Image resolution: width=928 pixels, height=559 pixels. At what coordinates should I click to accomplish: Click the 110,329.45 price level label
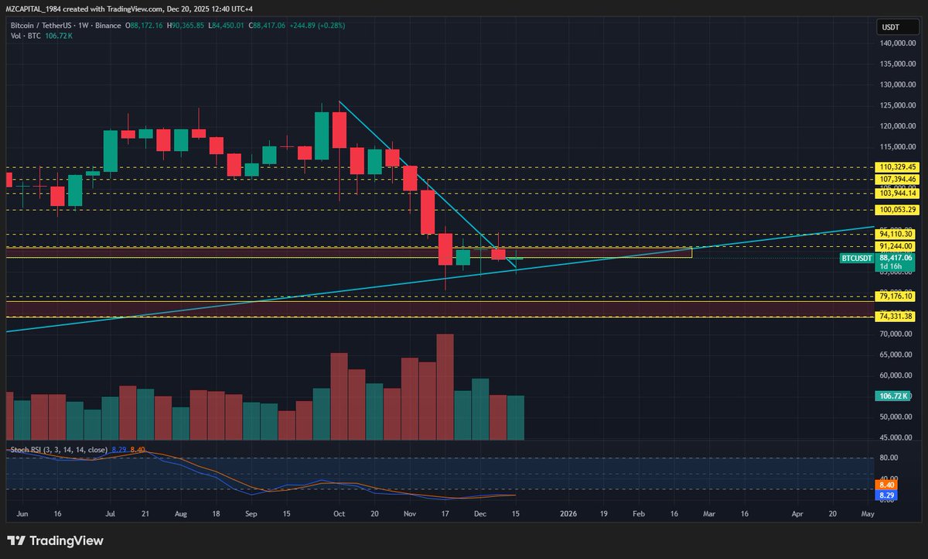[x=897, y=166]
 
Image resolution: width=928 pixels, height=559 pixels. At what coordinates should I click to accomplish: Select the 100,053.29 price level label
[x=897, y=210]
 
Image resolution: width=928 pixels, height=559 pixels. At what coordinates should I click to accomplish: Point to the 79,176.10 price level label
[x=897, y=297]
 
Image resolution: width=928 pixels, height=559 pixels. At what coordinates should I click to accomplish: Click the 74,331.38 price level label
[x=897, y=317]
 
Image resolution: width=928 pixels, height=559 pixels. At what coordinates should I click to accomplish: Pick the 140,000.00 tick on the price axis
[x=897, y=43]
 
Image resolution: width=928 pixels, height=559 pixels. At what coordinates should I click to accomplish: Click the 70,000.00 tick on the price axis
[x=897, y=334]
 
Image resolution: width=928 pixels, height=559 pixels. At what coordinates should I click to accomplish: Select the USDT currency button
[x=892, y=27]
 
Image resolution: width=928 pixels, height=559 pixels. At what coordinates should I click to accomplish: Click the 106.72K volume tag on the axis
[x=892, y=396]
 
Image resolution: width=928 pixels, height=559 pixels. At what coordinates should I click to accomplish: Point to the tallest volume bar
[x=445, y=387]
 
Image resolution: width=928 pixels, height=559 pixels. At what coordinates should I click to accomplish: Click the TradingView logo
[x=55, y=540]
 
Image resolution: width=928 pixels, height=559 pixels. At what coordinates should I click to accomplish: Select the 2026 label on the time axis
[x=568, y=513]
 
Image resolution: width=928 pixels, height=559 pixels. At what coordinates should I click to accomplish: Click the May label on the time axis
[x=868, y=513]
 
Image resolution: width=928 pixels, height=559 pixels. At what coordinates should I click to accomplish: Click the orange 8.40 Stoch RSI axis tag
[x=887, y=484]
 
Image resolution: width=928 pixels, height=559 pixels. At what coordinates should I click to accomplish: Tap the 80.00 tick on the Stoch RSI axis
[x=889, y=458]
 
